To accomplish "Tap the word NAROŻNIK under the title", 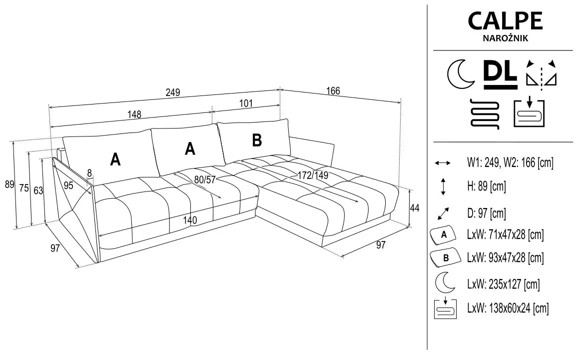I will (x=505, y=37).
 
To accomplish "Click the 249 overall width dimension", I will (x=173, y=93).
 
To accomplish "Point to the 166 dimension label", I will (x=333, y=91).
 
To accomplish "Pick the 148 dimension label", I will (x=134, y=114).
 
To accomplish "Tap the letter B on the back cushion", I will (x=256, y=140).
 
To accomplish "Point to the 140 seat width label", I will (x=190, y=220).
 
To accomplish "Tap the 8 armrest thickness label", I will (x=90, y=173).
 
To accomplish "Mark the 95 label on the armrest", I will (x=68, y=185).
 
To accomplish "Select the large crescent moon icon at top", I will (x=460, y=73).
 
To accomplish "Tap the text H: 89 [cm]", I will (x=487, y=187).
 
